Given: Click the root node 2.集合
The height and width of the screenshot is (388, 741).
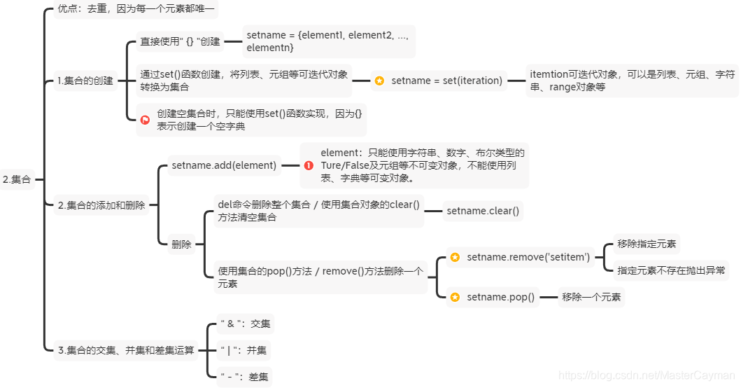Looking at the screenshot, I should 17,179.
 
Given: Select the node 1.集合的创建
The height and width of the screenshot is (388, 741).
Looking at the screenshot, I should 85,81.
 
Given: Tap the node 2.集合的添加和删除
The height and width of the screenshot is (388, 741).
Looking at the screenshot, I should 101,205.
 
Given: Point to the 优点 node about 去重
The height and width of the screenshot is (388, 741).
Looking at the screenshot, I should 137,11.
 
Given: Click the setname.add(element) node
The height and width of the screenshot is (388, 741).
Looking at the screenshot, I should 224,165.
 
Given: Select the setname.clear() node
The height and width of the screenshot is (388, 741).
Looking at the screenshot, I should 483,210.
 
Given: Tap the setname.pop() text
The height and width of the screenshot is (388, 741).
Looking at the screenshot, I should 500,297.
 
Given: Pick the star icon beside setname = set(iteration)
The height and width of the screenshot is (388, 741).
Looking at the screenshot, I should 379,81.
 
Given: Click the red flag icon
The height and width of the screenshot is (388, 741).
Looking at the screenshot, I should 145,120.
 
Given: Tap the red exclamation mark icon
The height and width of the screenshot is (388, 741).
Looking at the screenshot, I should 309,165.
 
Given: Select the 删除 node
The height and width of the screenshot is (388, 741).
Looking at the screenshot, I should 181,244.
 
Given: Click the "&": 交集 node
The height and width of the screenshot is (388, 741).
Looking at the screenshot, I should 245,324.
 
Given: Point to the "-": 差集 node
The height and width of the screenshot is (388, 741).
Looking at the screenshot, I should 244,377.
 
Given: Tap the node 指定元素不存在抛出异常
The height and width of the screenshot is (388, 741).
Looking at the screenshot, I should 671,270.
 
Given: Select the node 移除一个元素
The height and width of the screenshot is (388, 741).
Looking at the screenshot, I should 591,297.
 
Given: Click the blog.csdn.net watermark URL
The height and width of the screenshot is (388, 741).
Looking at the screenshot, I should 647,376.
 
